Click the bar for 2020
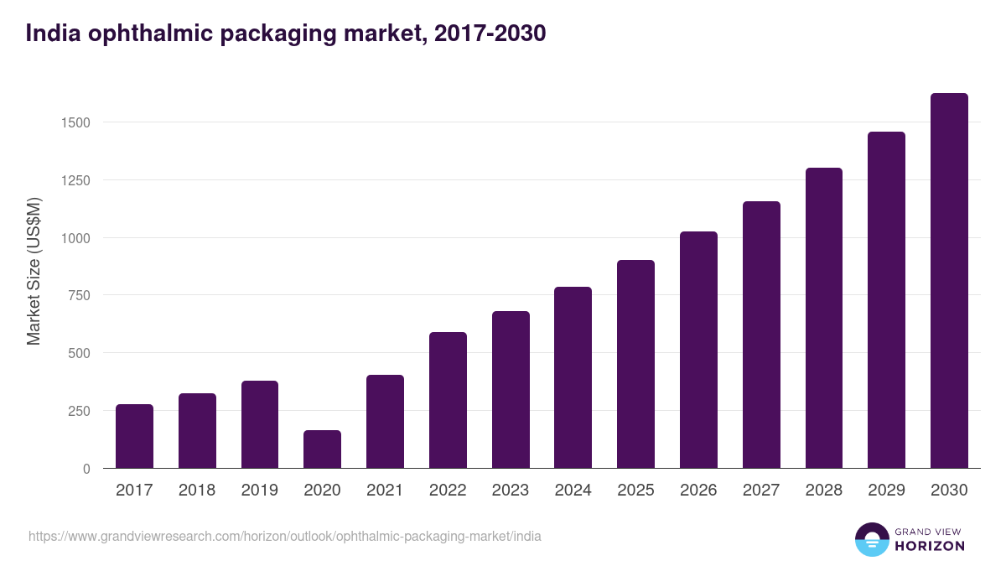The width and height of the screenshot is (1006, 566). pyautogui.click(x=322, y=449)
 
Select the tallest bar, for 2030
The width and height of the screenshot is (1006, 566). pyautogui.click(x=949, y=281)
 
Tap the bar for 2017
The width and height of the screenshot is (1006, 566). pyautogui.click(x=134, y=436)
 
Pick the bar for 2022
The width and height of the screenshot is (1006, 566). pyautogui.click(x=448, y=400)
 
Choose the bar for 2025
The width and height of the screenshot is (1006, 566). pyautogui.click(x=635, y=364)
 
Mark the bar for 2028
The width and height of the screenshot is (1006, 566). pyautogui.click(x=823, y=318)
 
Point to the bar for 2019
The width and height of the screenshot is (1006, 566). pyautogui.click(x=260, y=424)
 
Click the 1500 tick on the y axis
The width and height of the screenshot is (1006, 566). pyautogui.click(x=75, y=122)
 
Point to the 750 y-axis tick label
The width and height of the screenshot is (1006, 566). pyautogui.click(x=79, y=295)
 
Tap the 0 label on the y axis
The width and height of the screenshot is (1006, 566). pyautogui.click(x=86, y=469)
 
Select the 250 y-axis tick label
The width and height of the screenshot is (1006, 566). pyautogui.click(x=79, y=411)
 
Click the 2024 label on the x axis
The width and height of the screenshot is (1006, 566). pyautogui.click(x=573, y=491)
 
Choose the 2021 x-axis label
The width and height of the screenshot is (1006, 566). pyautogui.click(x=385, y=491)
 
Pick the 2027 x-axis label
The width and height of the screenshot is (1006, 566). pyautogui.click(x=761, y=491)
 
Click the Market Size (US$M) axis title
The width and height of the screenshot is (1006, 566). pyautogui.click(x=34, y=271)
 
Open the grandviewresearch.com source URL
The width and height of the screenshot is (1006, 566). pyautogui.click(x=285, y=536)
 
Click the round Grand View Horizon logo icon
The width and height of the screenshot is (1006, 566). pyautogui.click(x=871, y=540)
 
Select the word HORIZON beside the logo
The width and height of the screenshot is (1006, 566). pyautogui.click(x=929, y=546)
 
